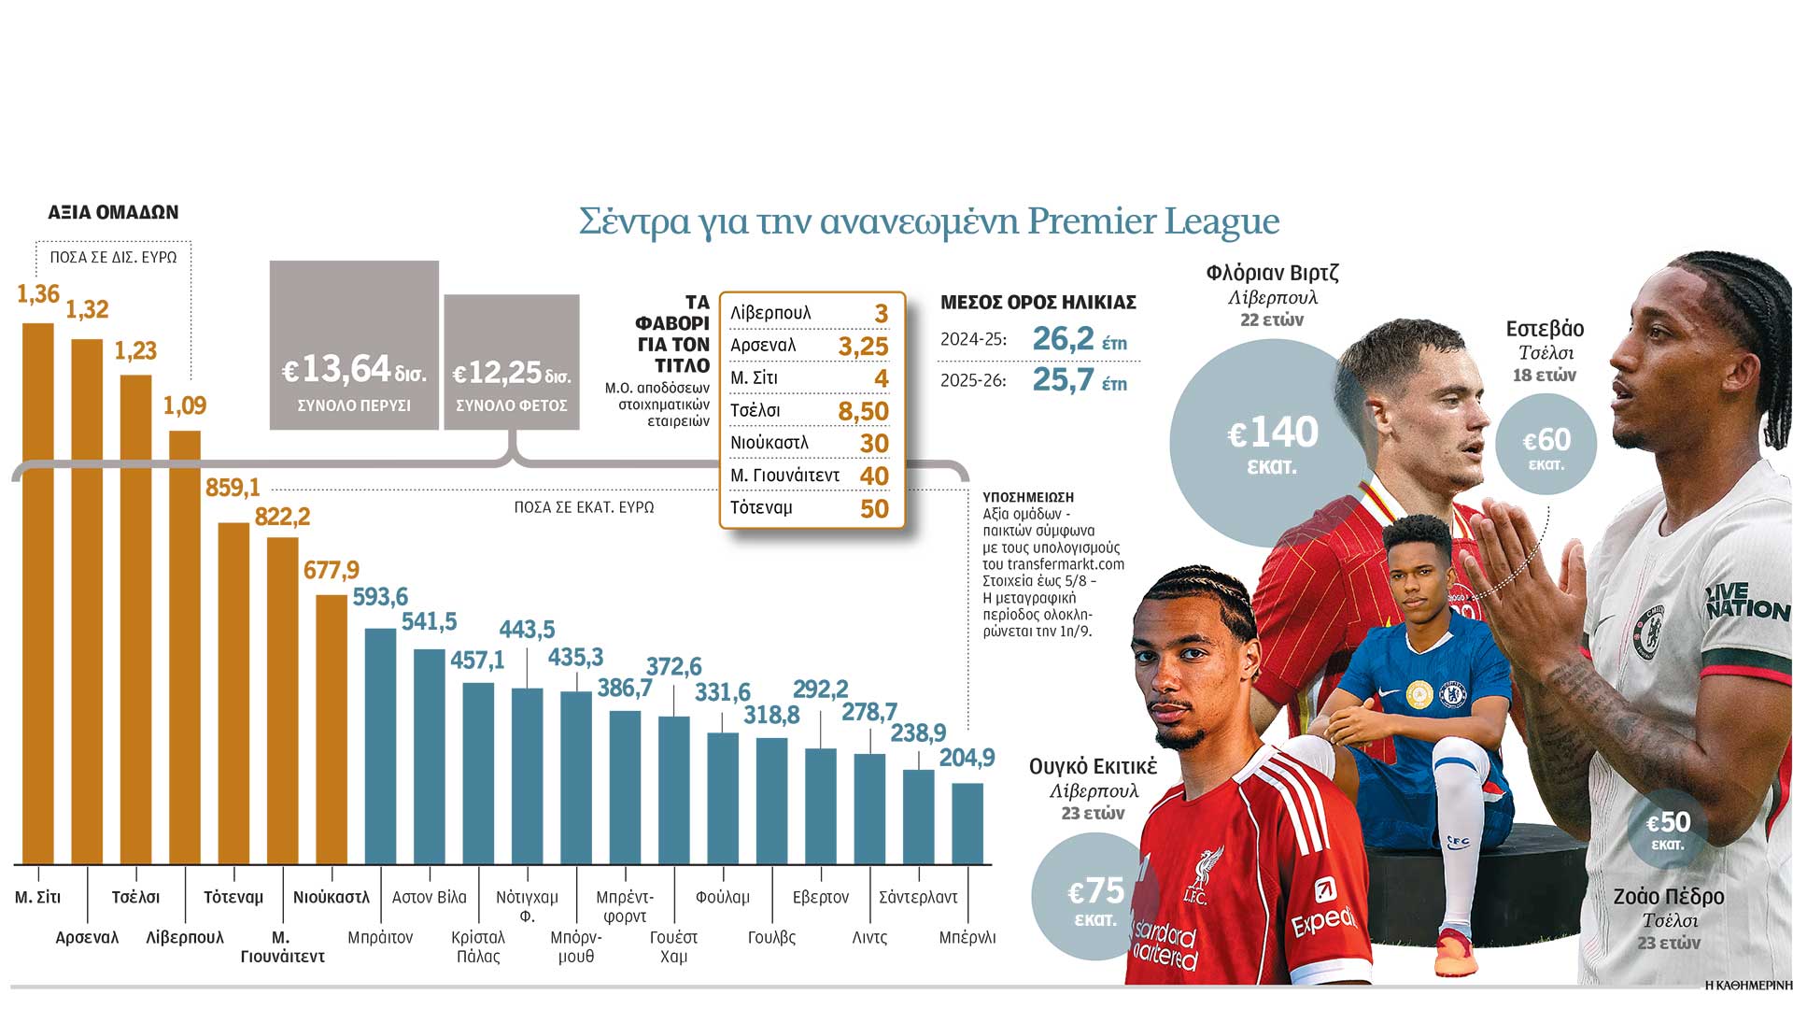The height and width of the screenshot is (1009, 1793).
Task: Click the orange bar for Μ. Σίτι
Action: (38, 593)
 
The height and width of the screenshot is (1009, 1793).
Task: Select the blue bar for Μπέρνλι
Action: (967, 824)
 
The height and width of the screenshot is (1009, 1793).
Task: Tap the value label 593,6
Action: (380, 597)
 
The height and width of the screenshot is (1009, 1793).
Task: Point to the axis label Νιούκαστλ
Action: (332, 897)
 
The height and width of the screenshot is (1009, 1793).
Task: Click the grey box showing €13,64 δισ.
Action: (354, 346)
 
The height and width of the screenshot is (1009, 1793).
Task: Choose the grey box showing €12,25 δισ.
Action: (512, 362)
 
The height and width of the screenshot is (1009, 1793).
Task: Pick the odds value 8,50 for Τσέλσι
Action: (863, 411)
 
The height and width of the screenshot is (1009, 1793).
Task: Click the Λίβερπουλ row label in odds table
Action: (770, 313)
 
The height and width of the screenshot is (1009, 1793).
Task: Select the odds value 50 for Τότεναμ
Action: (874, 508)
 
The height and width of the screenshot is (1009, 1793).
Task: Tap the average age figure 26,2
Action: (1063, 339)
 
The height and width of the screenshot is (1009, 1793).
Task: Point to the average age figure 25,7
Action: (1063, 379)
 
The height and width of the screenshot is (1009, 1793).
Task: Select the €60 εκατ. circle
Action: (1546, 445)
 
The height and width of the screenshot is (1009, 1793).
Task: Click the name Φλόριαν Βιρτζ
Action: (1272, 273)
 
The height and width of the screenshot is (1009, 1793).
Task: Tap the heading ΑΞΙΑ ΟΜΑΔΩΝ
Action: (113, 212)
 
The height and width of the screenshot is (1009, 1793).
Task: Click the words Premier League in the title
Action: (1153, 221)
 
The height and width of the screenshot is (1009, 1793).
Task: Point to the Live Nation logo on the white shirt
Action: (1745, 603)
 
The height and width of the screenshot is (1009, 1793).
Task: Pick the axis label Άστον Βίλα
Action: (429, 897)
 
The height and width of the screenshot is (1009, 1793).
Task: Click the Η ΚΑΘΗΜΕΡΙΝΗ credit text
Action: (1748, 985)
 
